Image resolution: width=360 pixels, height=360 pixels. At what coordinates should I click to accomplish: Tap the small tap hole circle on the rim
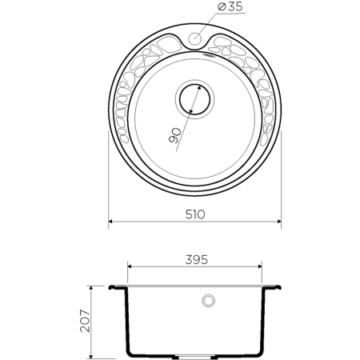(195, 38)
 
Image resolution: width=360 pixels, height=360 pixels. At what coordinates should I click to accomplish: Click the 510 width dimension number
(195, 214)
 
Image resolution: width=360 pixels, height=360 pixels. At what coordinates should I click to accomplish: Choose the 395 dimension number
(197, 260)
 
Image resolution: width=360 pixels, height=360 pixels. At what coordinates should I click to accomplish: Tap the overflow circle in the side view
(209, 301)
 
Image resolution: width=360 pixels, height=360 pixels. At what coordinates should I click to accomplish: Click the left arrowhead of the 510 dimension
(111, 222)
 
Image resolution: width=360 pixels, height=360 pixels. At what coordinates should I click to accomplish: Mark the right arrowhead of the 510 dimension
(279, 222)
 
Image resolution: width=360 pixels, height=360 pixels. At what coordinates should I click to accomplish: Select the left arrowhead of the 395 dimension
(131, 267)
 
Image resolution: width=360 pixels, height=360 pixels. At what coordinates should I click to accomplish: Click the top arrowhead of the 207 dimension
(95, 286)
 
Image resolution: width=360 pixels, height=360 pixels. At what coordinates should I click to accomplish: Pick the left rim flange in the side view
(117, 286)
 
